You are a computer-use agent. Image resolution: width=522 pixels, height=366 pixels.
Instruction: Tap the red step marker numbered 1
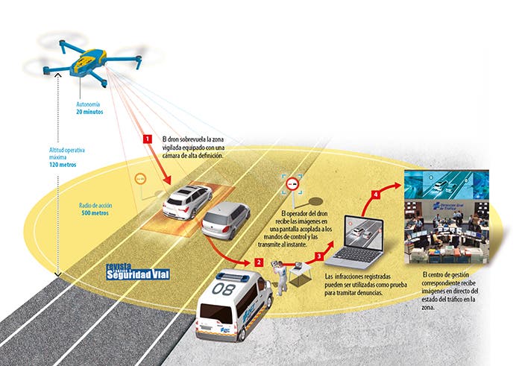(x=148, y=139)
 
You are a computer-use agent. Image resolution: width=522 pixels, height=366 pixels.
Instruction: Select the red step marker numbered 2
(x=258, y=262)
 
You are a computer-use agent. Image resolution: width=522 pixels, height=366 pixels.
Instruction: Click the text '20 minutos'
(x=89, y=112)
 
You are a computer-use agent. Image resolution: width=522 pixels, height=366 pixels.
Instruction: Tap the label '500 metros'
(x=95, y=212)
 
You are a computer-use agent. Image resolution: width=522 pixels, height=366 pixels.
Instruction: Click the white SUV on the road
(x=188, y=201)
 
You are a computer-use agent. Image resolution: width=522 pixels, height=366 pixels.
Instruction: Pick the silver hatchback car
(x=226, y=221)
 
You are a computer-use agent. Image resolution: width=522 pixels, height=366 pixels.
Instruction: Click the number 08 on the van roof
(x=223, y=285)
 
